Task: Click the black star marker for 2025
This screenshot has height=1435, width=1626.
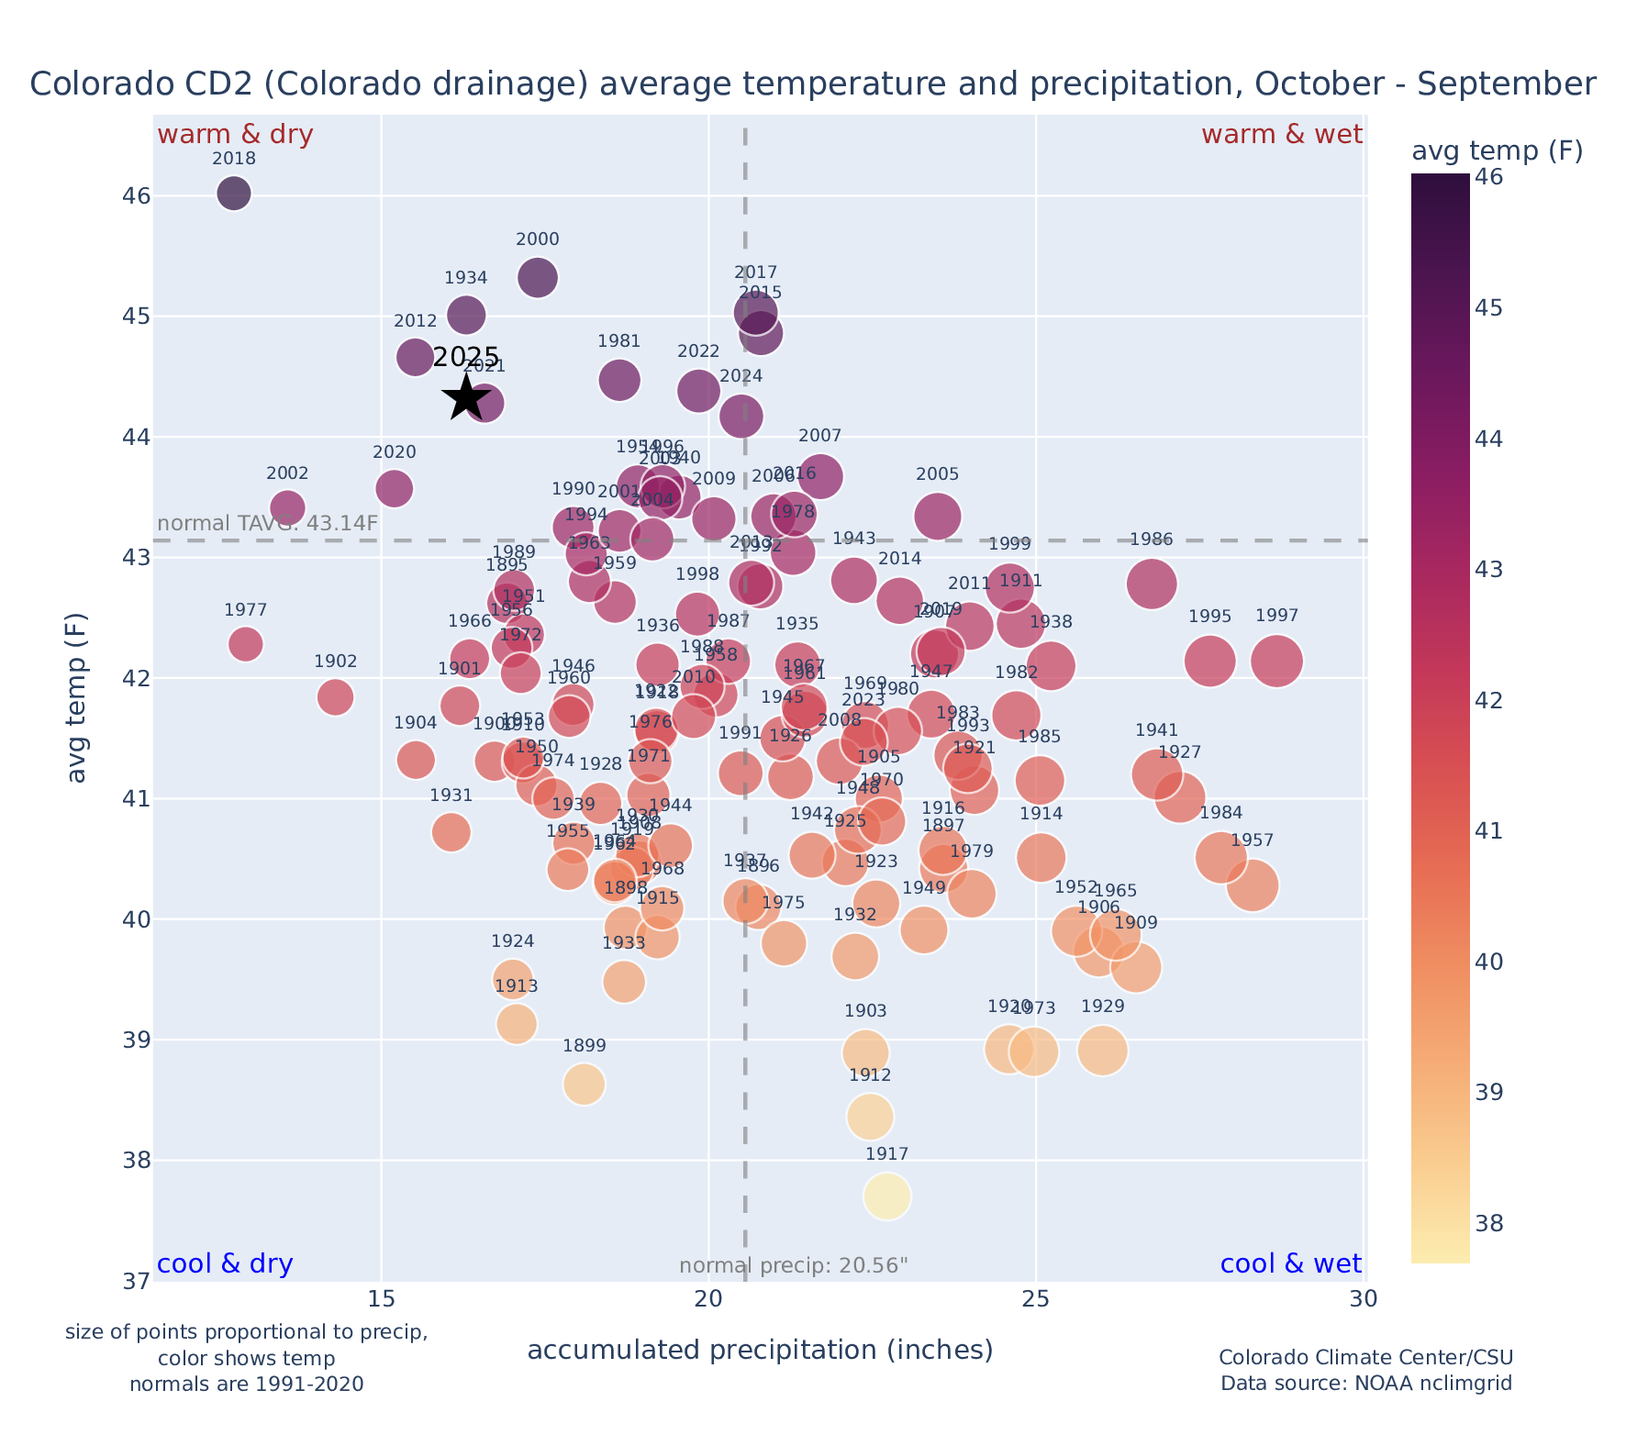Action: click(x=466, y=398)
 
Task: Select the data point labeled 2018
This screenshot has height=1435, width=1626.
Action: click(x=234, y=193)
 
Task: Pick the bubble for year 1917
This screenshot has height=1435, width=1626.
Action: click(x=886, y=1196)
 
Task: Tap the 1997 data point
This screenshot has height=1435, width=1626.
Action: click(x=1276, y=661)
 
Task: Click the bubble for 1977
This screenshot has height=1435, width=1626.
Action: click(x=245, y=644)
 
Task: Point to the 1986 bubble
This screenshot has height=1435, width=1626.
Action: click(x=1152, y=584)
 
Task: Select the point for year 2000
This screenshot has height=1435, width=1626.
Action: click(x=538, y=277)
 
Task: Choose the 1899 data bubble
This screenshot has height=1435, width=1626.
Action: click(x=584, y=1085)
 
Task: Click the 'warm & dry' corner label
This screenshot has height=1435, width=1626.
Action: click(x=235, y=135)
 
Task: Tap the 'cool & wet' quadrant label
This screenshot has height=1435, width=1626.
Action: click(x=1290, y=1264)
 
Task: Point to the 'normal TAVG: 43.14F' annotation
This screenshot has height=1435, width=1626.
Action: click(x=267, y=524)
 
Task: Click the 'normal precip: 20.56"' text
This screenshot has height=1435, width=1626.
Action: click(x=794, y=1266)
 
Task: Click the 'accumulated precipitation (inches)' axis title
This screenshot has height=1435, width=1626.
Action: click(x=760, y=1350)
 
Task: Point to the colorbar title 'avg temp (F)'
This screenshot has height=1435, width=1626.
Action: click(x=1497, y=150)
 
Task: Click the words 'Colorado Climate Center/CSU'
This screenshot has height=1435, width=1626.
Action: click(x=1365, y=1358)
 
